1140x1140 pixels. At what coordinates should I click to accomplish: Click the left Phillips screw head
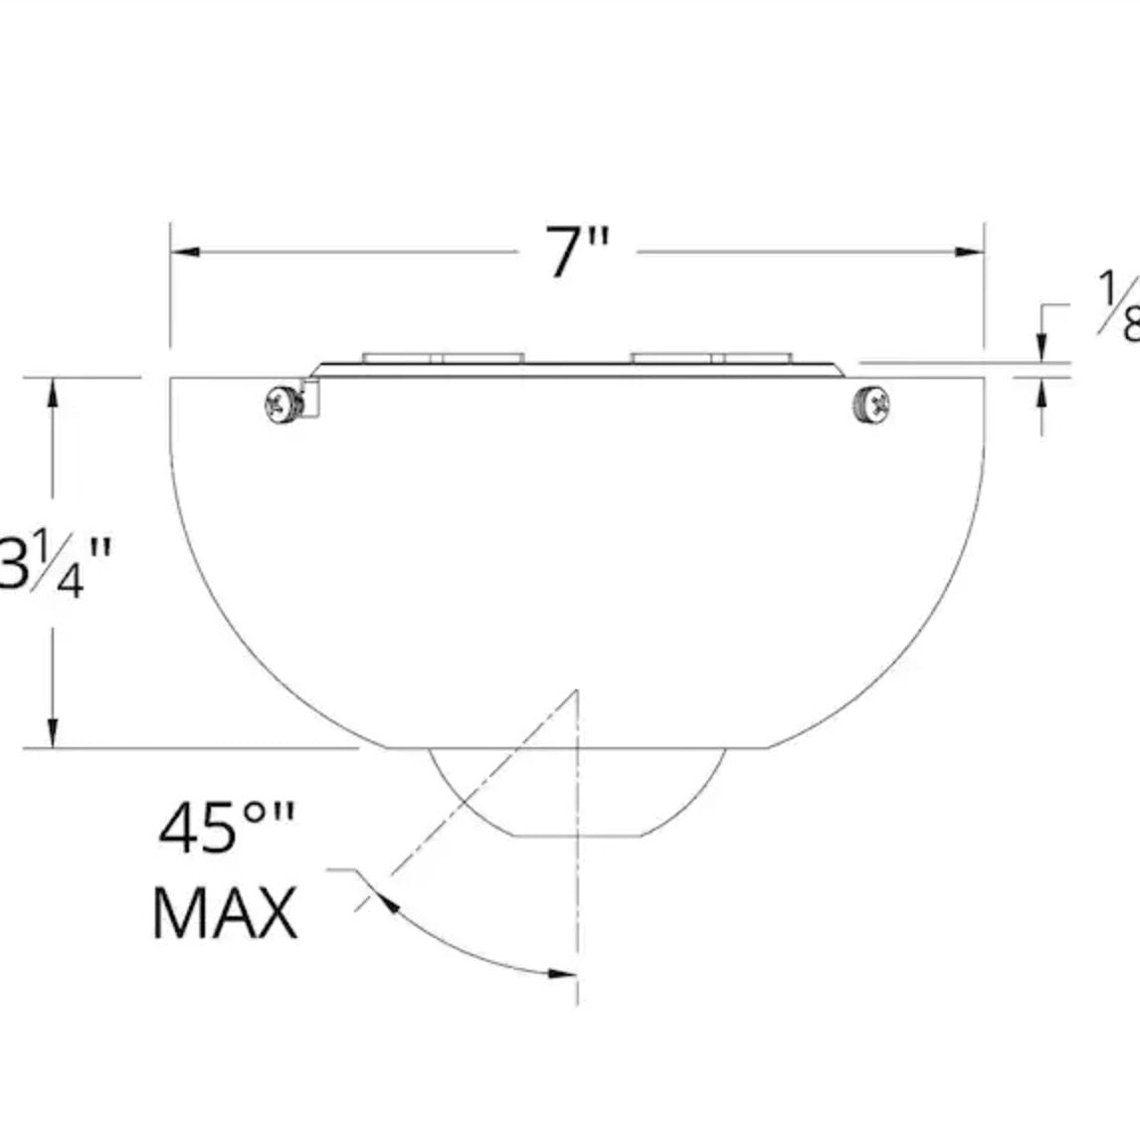279,405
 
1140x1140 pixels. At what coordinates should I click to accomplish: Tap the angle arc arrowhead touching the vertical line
562,973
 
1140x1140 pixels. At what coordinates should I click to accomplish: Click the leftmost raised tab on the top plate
402,356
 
